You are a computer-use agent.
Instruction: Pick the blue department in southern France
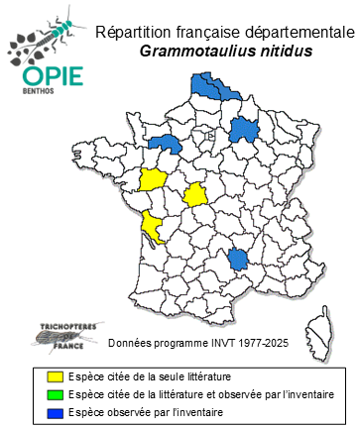(237, 261)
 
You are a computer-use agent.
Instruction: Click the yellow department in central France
(196, 194)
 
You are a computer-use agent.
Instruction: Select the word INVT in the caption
(213, 343)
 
